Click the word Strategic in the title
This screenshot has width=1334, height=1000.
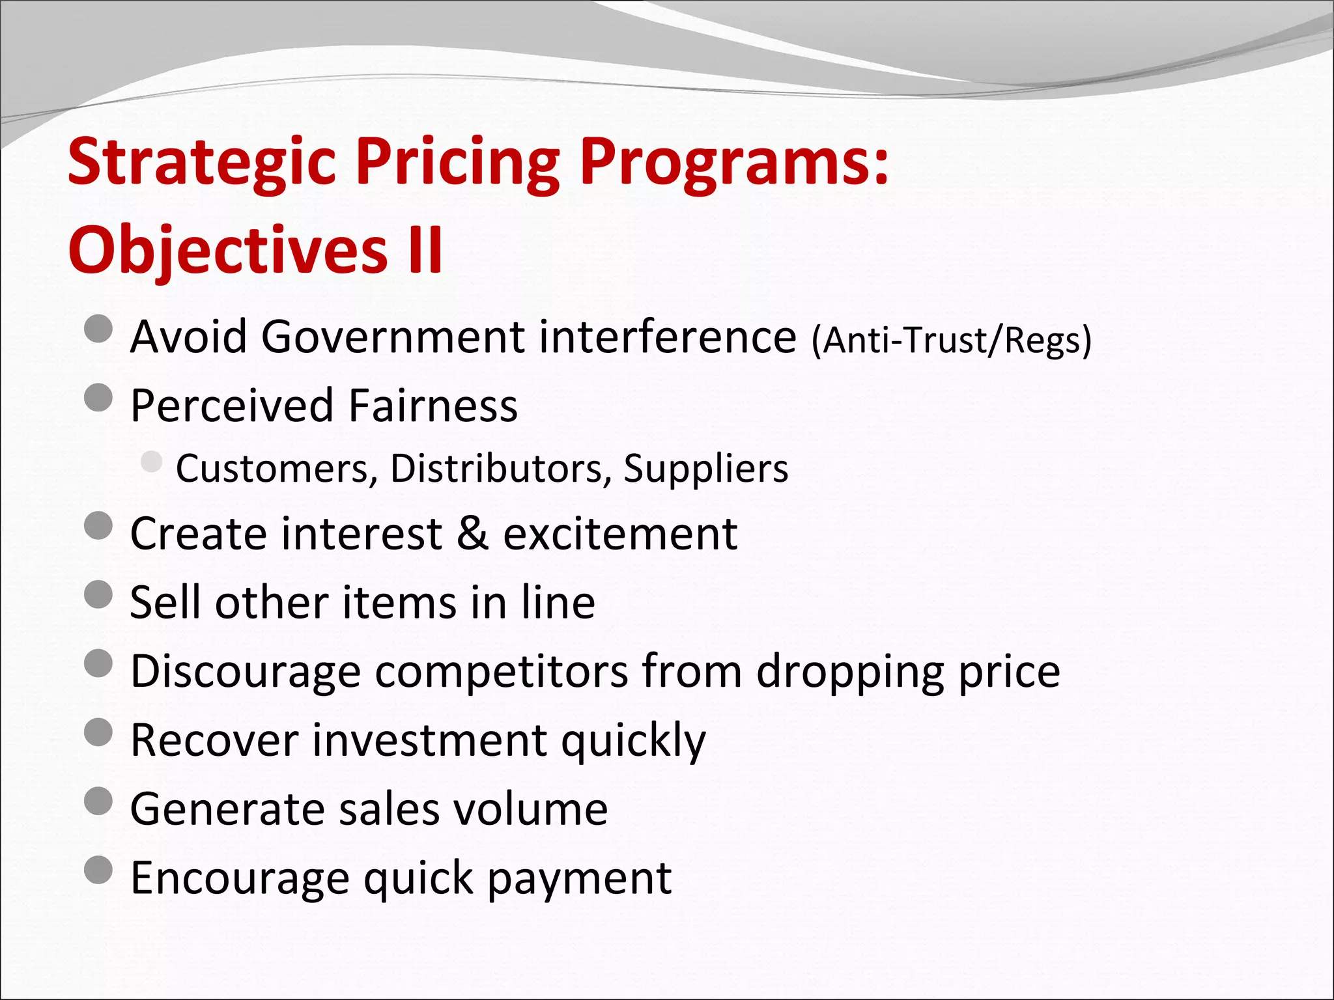(202, 163)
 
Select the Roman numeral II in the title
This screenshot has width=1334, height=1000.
(424, 250)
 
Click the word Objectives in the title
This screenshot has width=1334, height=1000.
(227, 250)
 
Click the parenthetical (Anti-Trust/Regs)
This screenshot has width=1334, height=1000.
(951, 340)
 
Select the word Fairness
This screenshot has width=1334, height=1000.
(433, 406)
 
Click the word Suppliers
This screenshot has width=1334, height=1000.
(705, 469)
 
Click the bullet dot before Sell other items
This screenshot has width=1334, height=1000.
(99, 594)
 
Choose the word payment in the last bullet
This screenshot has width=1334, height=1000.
(579, 879)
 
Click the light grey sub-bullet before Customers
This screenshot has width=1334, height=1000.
(151, 462)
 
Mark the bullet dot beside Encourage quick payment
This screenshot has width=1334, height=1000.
(99, 870)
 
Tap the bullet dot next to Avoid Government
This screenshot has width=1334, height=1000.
(99, 329)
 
